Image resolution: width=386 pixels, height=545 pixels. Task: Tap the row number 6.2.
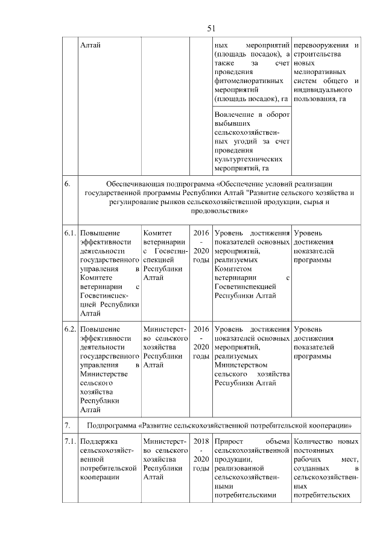pos(71,329)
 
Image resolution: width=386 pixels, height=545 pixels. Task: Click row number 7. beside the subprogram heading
pos(68,426)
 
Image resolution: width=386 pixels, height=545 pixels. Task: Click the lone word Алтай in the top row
pos(90,45)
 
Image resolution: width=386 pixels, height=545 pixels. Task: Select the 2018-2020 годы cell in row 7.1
pos(201,456)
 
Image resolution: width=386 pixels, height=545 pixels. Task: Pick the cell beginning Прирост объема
pos(252,469)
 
